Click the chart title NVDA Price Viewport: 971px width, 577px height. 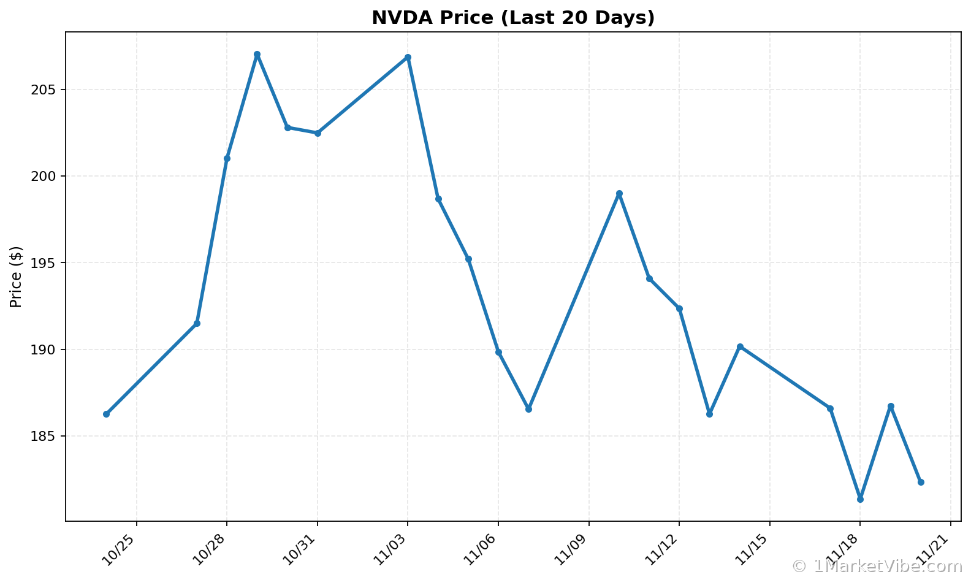point(513,18)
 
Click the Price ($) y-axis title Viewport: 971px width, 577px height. point(17,277)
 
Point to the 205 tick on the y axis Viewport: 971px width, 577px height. point(43,90)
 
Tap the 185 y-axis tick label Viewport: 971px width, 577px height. point(43,437)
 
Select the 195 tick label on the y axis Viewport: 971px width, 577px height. point(43,263)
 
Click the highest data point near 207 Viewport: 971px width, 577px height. point(257,55)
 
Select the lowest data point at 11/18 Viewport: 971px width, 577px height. point(860,499)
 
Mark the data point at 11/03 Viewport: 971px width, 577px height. point(408,58)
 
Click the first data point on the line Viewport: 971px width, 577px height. point(106,414)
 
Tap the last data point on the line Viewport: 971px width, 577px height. point(921,482)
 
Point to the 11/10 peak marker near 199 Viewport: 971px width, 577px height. point(619,194)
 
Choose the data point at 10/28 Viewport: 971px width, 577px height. point(227,159)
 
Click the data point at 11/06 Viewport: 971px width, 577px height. point(498,352)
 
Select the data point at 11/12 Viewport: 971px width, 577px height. point(679,308)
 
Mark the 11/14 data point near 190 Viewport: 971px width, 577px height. point(740,346)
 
